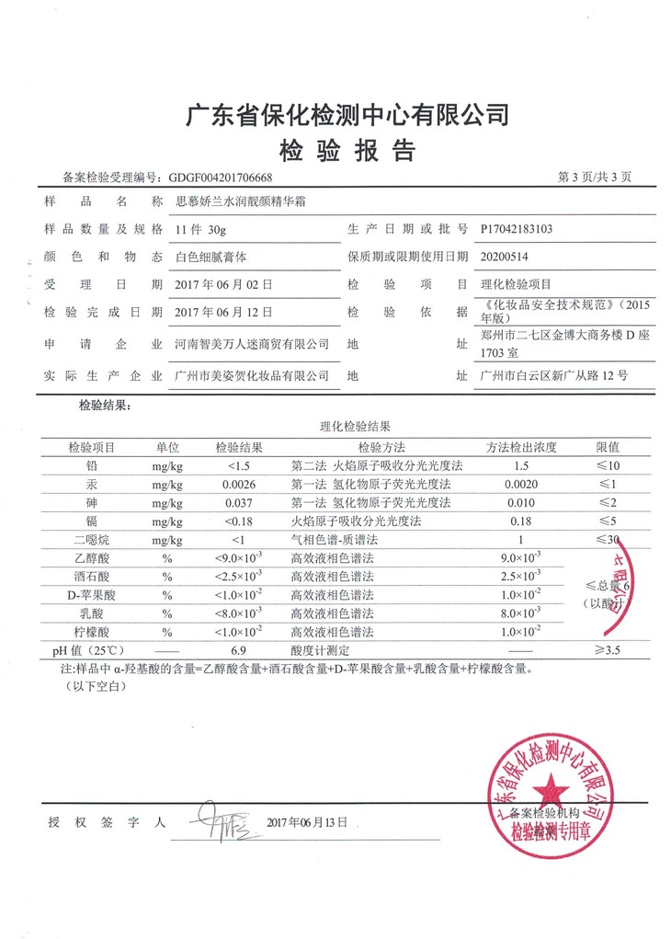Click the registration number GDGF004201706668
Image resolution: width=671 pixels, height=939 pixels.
tap(216, 177)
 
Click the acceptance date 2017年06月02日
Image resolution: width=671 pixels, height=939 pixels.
tap(222, 284)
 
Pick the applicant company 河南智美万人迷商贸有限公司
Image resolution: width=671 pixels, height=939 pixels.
tap(251, 343)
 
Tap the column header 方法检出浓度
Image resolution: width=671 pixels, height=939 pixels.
tap(521, 448)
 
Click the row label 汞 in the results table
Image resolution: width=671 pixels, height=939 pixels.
tap(91, 485)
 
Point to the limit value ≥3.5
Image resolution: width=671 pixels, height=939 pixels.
tap(608, 650)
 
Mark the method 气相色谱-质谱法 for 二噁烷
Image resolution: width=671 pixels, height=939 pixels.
tap(334, 540)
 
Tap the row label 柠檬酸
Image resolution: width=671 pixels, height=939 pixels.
tap(91, 632)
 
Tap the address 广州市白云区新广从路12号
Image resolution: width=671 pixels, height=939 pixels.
tap(553, 376)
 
